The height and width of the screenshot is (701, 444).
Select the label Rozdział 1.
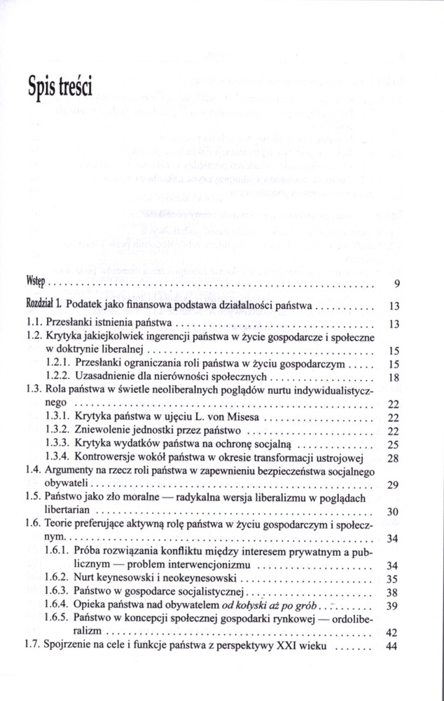tap(46, 306)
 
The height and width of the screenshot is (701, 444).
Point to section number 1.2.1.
tap(59, 365)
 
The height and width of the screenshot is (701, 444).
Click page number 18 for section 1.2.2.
tap(393, 377)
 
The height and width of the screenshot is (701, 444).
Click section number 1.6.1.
tap(59, 551)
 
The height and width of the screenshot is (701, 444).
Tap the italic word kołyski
tap(270, 605)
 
